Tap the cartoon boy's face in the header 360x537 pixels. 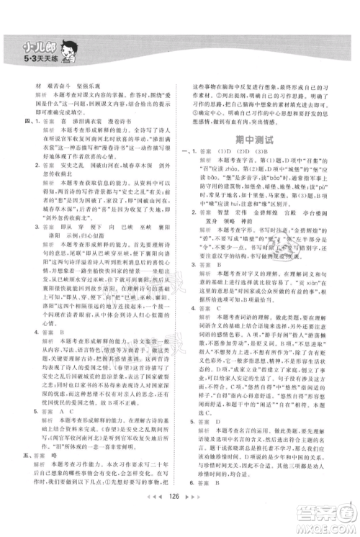71,48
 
